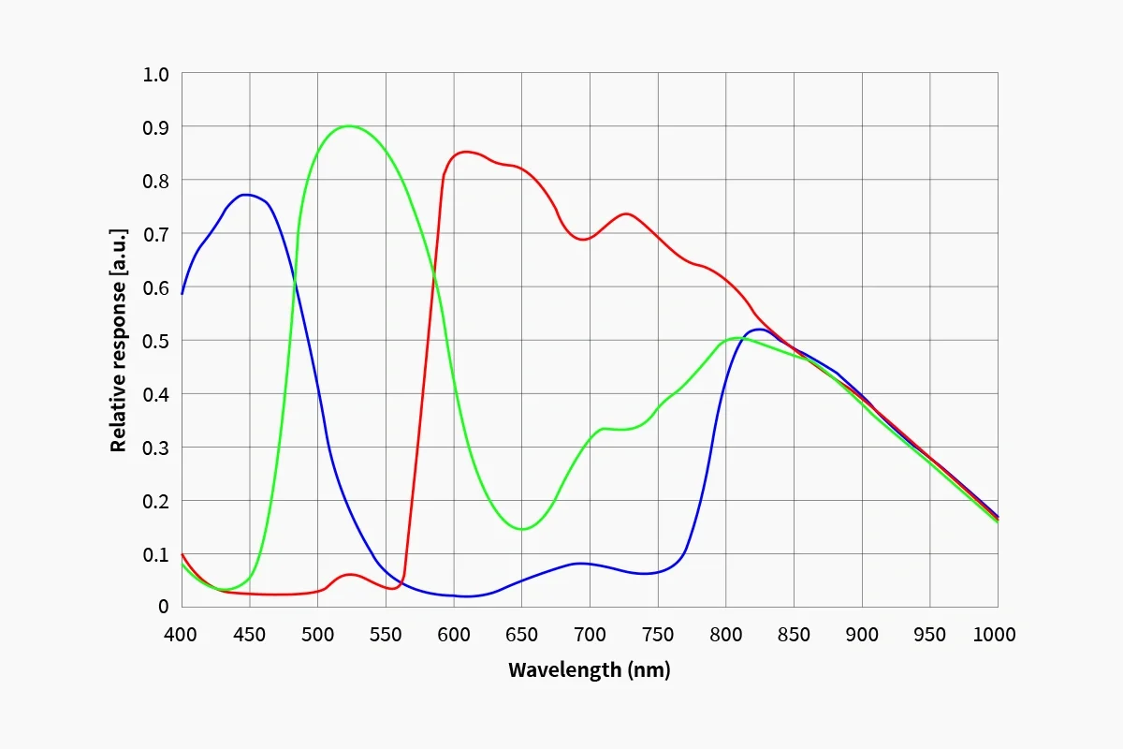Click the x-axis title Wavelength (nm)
coord(589,670)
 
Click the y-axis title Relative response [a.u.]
coord(118,341)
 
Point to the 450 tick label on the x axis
coord(249,635)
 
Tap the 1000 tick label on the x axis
coord(993,635)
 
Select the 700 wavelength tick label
coord(590,635)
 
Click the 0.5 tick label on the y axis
coord(156,340)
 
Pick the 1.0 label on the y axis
coord(156,73)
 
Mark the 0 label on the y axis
coord(163,607)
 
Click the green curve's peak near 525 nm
coord(349,125)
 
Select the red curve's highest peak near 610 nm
coord(466,151)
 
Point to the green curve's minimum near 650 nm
coord(521,529)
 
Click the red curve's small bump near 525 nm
coord(350,574)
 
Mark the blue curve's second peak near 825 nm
coord(758,329)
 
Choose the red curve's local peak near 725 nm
coord(625,213)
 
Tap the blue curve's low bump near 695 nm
coord(581,563)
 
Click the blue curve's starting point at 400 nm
coord(182,293)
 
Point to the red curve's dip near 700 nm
coord(584,240)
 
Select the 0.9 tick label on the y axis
coord(156,126)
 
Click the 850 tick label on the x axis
coord(794,635)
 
